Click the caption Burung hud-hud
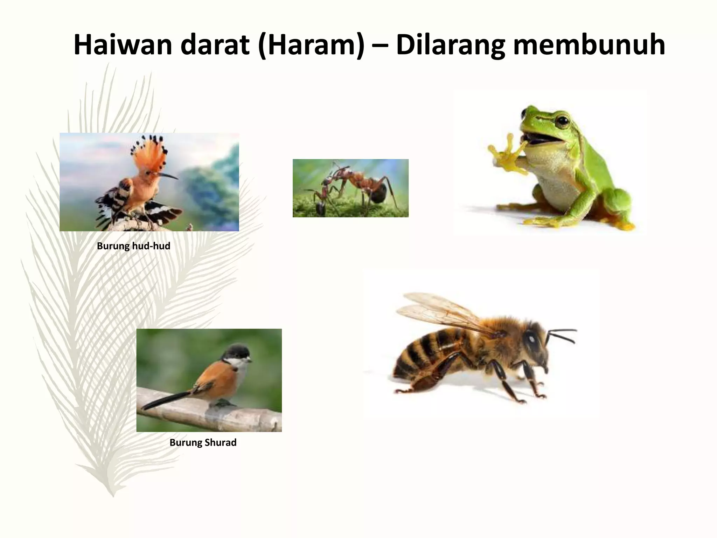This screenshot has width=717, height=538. point(133,246)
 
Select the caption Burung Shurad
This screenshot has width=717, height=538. point(203,443)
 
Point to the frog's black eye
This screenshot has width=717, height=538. point(563,121)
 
